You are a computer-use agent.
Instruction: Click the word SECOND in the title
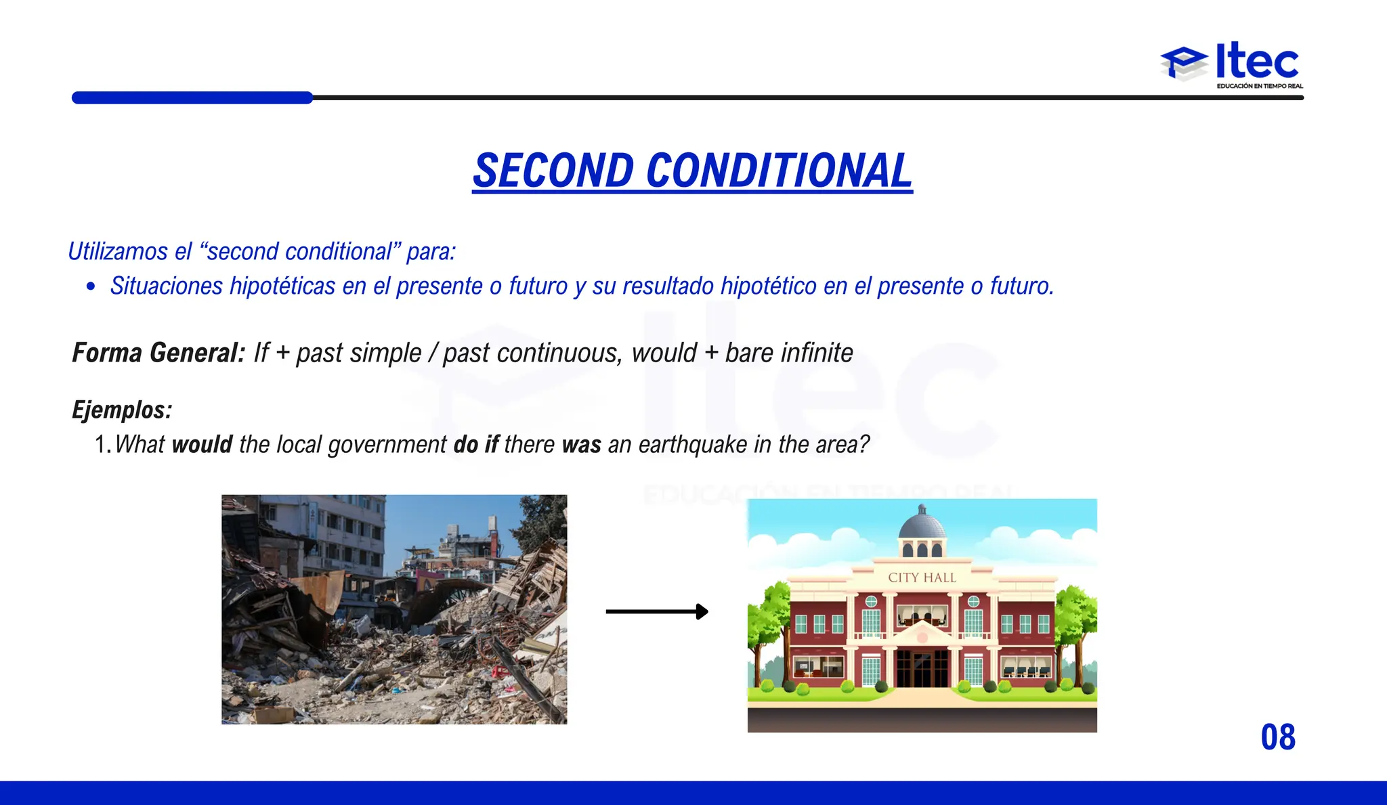point(553,171)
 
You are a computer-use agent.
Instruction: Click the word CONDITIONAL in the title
point(780,171)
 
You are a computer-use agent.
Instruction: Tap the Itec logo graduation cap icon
point(1184,64)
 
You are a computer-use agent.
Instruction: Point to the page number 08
point(1278,737)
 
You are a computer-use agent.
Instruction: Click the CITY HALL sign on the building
point(922,578)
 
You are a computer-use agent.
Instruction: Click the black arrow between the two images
point(656,612)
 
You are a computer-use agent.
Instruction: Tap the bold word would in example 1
point(202,445)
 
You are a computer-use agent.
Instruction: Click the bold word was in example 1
point(581,445)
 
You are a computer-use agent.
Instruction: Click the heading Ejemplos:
point(122,410)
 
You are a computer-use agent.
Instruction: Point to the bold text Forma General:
point(158,353)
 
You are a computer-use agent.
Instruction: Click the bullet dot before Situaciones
point(91,286)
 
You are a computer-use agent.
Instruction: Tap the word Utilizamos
point(118,251)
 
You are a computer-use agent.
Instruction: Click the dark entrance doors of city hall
point(922,667)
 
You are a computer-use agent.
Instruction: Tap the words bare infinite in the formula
point(789,353)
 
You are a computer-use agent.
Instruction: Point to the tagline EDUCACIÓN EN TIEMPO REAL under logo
point(1260,86)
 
